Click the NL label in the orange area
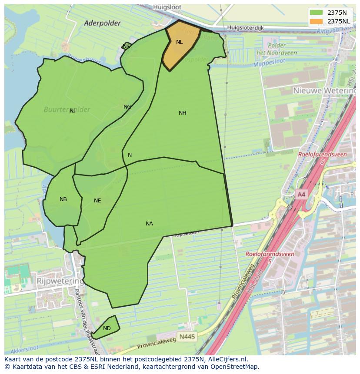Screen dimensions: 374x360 179,42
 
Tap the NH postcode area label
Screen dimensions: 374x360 182,113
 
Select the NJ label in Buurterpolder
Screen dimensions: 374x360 73,111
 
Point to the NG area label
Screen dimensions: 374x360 127,107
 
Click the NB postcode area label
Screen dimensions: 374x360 63,199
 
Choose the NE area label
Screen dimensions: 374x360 97,201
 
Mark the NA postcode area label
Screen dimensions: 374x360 149,224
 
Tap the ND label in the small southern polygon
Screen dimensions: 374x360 107,328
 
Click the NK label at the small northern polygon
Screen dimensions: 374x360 126,46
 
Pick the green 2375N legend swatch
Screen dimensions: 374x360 316,12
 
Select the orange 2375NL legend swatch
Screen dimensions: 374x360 316,21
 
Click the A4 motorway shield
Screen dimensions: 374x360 301,195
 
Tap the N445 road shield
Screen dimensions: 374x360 187,337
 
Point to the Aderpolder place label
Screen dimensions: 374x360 102,23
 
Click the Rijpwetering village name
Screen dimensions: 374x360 60,281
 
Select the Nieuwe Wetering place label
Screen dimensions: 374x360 324,90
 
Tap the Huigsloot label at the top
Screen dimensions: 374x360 167,7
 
